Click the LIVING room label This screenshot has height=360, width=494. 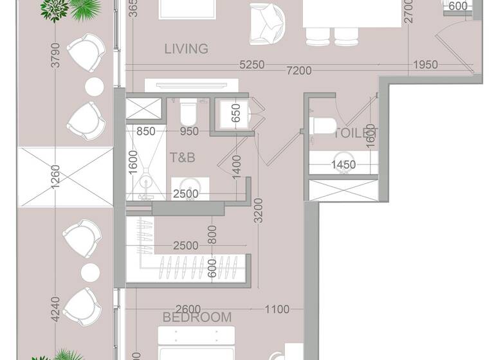click(x=186, y=49)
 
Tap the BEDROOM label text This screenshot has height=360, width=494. click(x=197, y=318)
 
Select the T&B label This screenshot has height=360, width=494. click(x=183, y=156)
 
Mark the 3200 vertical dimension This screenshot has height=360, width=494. click(x=258, y=210)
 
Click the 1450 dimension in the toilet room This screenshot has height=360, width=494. click(x=343, y=165)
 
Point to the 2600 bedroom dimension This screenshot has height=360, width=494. click(x=187, y=309)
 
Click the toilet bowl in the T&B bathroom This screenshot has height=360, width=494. click(x=188, y=114)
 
